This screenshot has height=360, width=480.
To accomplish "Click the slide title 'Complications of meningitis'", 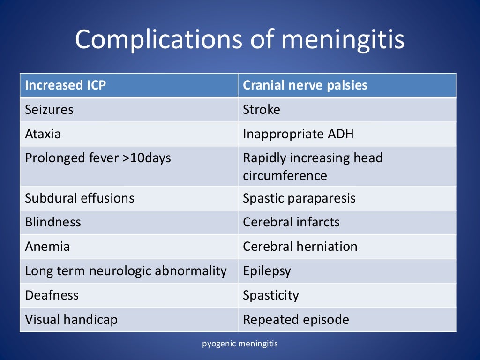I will pos(240,39).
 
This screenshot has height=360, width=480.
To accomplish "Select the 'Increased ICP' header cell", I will pos(59,85).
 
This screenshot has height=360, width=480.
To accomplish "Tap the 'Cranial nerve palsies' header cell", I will pos(305,85).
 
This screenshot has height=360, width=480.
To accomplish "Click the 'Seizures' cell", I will pos(49,110).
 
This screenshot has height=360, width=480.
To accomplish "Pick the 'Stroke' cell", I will pos(262,110).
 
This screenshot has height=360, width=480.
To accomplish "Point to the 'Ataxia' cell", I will pos(43,134).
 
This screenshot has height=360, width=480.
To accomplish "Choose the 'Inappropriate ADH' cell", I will pos(298,134).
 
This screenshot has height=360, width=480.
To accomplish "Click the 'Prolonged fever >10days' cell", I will pos(98,158).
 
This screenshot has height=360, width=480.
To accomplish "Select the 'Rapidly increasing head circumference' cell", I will pos(313,166).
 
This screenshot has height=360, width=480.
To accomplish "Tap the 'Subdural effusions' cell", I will pos(80,198).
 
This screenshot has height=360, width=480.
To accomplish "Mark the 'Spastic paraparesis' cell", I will pos(299,198).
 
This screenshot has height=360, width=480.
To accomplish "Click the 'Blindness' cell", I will pos(53,222).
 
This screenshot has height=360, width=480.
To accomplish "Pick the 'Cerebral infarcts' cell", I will pos(291,222).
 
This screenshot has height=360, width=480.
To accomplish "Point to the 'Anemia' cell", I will pos(47,247).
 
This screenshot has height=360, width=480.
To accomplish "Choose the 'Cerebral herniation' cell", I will pos(300,247).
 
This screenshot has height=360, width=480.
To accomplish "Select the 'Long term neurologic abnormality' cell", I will pos(126,271).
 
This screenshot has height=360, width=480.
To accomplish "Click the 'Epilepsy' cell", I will pos(267,271).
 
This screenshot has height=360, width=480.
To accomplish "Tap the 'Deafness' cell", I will pos(52,295).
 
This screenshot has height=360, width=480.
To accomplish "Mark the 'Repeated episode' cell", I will pos(296,320).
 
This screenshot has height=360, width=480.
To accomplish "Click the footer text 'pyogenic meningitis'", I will pos(240,344).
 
